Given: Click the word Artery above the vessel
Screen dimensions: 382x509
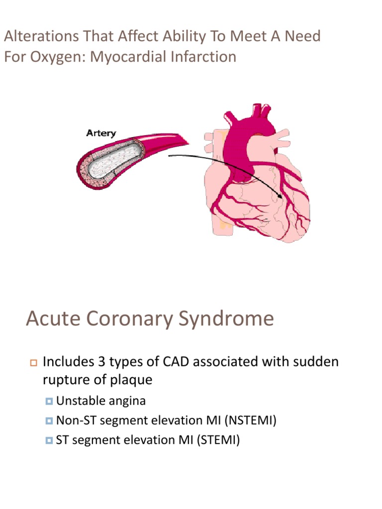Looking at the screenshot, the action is pyautogui.click(x=101, y=133).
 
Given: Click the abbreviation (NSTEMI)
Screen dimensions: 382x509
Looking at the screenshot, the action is pyautogui.click(x=251, y=421).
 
